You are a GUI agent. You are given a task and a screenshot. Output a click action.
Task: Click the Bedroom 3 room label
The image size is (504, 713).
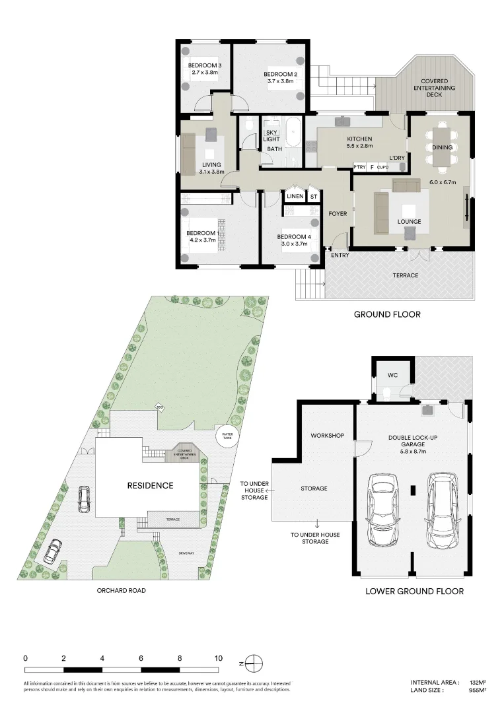tap(204, 65)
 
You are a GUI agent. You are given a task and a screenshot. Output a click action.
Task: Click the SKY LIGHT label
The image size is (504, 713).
tap(272, 135)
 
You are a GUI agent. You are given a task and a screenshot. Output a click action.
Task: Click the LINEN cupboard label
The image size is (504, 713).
tap(294, 196)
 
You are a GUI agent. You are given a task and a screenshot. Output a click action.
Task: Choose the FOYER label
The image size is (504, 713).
tap(338, 213)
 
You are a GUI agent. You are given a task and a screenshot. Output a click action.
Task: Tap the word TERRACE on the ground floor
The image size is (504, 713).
tap(405, 275)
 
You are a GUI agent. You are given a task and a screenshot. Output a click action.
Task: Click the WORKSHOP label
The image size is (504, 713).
tap(328, 436)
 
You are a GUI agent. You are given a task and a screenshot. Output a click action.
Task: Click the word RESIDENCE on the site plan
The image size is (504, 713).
tap(150, 485)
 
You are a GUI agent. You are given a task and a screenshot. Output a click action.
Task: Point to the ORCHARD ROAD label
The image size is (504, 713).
tap(121, 590)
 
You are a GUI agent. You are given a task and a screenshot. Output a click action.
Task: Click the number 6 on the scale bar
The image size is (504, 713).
tap(141, 658)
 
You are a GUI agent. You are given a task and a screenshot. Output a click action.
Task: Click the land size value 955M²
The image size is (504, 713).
tap(477, 690)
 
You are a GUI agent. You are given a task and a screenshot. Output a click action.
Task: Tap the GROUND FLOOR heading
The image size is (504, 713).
tap(387, 314)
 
